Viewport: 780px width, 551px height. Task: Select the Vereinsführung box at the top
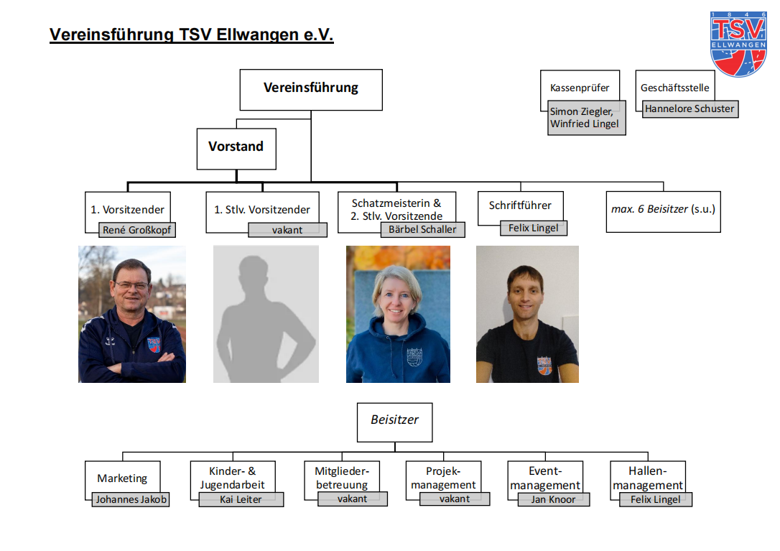coord(310,89)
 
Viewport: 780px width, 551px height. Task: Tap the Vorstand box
coord(236,147)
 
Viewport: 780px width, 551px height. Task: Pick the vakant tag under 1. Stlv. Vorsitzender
coord(287,230)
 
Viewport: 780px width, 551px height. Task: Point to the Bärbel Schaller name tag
coord(422,230)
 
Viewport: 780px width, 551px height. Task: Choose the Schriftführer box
coord(520,205)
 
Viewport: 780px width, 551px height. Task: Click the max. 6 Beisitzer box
coord(662,210)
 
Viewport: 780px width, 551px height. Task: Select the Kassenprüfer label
coord(579,88)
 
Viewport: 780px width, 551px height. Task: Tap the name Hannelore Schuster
coord(690,109)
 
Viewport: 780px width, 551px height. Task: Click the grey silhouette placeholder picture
coord(266,314)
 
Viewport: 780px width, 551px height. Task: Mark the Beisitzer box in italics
coord(394,421)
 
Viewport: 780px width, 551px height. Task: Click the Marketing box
coord(122,478)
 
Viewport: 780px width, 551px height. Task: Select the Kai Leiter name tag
coord(241,499)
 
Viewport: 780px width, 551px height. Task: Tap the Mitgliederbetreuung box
coord(342,477)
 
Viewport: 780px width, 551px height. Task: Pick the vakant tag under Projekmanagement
coord(455,499)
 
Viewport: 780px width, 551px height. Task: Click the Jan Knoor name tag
coord(553,499)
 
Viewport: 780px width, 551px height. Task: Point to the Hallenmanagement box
coord(647,477)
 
